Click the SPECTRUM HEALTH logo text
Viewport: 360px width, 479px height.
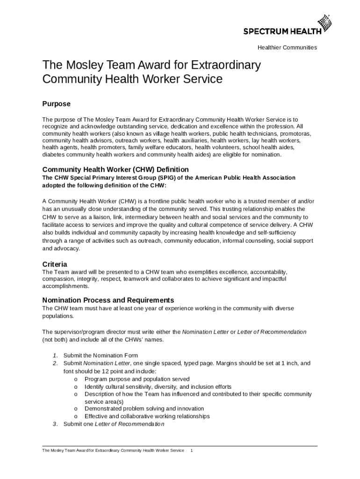(282, 31)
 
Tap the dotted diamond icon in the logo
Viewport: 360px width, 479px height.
(324, 23)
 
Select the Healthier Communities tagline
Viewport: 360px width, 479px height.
(287, 48)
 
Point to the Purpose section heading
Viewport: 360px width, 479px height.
(56, 104)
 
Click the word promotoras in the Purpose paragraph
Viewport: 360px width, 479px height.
(295, 133)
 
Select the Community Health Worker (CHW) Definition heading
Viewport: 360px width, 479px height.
(115, 169)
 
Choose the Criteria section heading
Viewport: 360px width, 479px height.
(55, 264)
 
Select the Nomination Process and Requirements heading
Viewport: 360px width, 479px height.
(108, 300)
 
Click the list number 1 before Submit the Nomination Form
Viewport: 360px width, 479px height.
(55, 356)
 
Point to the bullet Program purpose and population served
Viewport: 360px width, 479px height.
(137, 379)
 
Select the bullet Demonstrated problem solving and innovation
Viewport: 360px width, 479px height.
(144, 408)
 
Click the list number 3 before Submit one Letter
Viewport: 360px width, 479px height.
(55, 424)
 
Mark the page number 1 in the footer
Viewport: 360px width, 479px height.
(192, 450)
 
